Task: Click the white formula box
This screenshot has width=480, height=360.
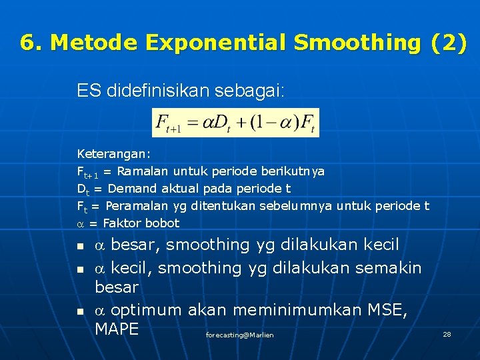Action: pyautogui.click(x=235, y=123)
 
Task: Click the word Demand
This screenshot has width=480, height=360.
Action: pyautogui.click(x=130, y=189)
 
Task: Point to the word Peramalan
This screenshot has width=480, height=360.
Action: pyautogui.click(x=136, y=206)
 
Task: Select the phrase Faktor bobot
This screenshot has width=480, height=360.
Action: pyautogui.click(x=141, y=223)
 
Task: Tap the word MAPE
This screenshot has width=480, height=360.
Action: pyautogui.click(x=117, y=329)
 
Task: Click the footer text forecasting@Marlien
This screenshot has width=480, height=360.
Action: pyautogui.click(x=239, y=335)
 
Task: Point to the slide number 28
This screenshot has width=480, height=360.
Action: pyautogui.click(x=447, y=334)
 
